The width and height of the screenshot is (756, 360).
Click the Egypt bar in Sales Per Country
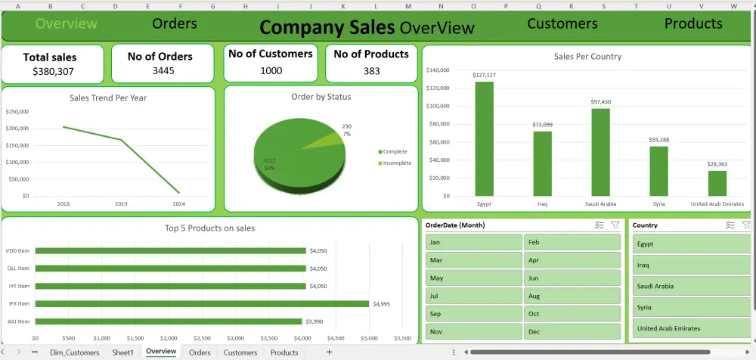click(x=484, y=139)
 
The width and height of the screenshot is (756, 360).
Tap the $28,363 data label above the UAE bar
click(x=717, y=163)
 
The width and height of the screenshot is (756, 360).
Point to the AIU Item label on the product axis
click(x=17, y=321)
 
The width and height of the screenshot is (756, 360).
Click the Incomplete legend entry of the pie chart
click(x=397, y=163)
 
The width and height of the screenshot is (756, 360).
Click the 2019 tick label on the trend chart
click(x=121, y=203)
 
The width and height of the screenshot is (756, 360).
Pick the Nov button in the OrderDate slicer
click(x=472, y=331)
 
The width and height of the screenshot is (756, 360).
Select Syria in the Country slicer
click(x=692, y=308)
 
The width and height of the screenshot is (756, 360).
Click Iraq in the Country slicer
click(x=692, y=265)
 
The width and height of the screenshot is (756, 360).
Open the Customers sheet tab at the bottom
click(x=240, y=352)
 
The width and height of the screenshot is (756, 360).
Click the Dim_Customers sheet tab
click(x=74, y=352)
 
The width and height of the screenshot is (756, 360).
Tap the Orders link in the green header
click(x=175, y=23)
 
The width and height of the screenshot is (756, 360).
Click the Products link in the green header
click(x=693, y=23)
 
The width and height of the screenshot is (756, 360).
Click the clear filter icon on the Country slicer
click(x=745, y=225)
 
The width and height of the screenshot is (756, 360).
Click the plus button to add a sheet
click(x=329, y=352)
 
